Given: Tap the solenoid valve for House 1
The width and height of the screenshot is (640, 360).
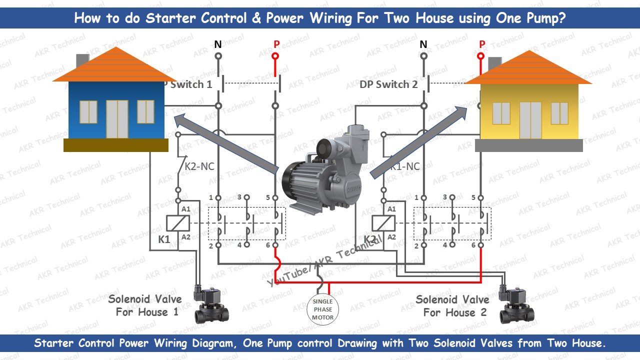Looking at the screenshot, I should (211, 304).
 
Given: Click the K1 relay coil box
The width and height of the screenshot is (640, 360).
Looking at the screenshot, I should (178, 223).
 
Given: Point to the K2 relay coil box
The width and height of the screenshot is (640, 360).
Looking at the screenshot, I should (383, 223).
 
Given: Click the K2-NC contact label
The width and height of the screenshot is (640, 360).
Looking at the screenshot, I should (199, 166).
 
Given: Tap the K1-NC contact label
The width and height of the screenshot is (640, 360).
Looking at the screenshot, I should (404, 166).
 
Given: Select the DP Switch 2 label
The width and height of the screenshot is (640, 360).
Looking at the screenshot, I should (388, 84).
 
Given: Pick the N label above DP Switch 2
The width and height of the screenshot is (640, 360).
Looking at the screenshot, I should (423, 44).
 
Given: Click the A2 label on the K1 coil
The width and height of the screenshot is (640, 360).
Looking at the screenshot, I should (186, 236).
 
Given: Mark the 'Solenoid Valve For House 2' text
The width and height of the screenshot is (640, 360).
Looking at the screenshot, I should (452, 306).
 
